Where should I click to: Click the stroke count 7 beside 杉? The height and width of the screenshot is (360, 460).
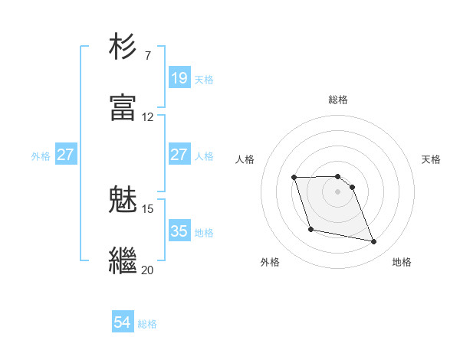point(147,56)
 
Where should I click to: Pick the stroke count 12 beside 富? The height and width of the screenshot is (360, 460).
point(147,117)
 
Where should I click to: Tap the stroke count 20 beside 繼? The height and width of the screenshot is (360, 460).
point(147,270)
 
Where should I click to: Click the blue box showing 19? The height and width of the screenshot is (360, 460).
point(179,77)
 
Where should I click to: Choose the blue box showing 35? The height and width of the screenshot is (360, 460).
point(179,231)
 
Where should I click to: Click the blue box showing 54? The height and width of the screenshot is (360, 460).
point(123,322)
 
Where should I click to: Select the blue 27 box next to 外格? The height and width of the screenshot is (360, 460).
point(65,155)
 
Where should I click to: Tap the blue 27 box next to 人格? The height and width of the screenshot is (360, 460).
point(179,155)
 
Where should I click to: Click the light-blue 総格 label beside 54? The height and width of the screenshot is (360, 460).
point(147,324)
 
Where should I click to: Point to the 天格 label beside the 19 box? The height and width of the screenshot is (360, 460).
point(204,79)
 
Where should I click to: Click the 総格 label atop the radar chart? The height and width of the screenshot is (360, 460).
point(338,100)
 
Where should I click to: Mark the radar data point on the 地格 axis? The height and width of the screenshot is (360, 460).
point(374,242)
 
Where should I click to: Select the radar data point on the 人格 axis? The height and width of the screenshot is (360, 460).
point(294,178)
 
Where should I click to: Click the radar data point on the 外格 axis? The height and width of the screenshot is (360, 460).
point(310,229)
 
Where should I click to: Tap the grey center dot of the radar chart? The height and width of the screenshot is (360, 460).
point(338,191)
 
